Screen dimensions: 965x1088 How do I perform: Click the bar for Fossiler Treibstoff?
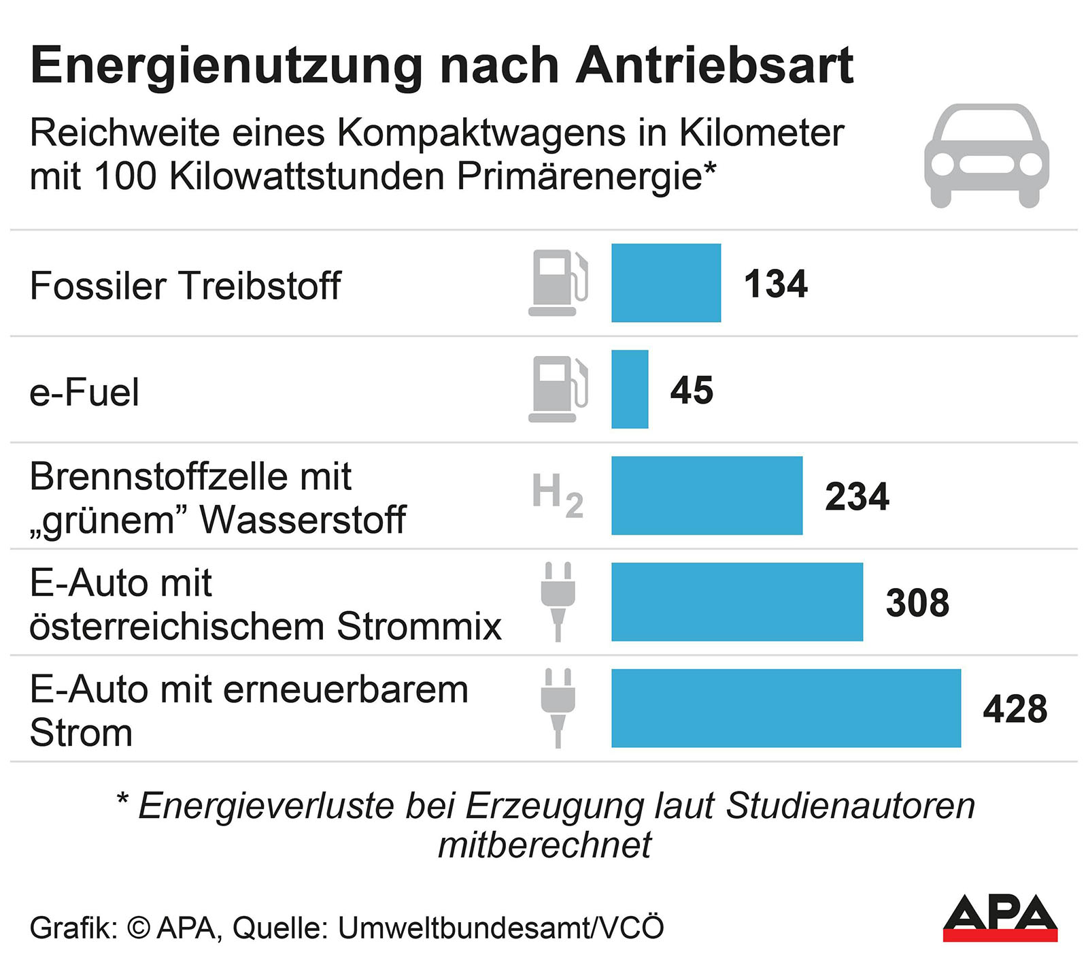coord(666,282)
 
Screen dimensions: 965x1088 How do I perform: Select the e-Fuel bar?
coord(630,389)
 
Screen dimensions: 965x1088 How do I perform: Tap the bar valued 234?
coord(707,495)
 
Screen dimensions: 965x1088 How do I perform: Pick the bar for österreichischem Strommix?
coord(736,602)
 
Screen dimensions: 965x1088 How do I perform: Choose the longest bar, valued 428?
coord(785,708)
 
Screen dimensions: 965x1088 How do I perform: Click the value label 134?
coord(775,284)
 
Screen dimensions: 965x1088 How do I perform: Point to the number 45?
coord(692,391)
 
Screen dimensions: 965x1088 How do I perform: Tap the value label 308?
coord(917,603)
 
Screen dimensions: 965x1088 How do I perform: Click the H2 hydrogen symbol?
coord(558,495)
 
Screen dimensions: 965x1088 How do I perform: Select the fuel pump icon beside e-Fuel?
coord(558,389)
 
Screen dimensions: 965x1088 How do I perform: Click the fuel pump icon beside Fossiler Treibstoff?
coord(558,283)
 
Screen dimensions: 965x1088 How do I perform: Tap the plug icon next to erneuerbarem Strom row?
coord(558,708)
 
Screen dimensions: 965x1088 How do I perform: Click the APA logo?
coord(1000,917)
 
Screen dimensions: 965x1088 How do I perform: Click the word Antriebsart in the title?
coord(714,66)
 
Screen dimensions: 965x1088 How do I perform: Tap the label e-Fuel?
coord(84,393)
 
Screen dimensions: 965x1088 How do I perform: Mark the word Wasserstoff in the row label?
coord(303,520)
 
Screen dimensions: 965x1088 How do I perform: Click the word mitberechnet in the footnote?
coord(544,845)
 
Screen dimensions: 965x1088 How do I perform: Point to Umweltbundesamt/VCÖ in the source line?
coord(500,928)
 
